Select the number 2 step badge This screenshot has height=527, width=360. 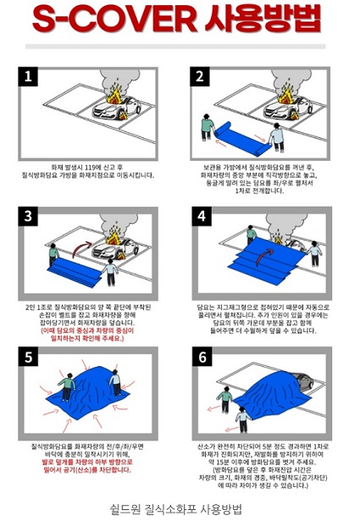pos(201,77)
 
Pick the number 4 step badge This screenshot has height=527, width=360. pos(201,216)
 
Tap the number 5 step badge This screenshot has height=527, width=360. pos(30,357)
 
